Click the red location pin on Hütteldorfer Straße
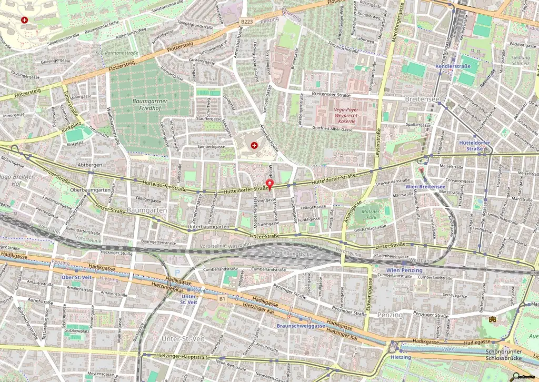click(x=270, y=184)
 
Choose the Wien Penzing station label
click(x=404, y=270)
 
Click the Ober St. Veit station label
click(x=77, y=277)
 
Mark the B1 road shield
click(x=223, y=299)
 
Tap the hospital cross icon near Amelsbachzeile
click(x=254, y=145)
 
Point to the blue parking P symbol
click(x=177, y=272)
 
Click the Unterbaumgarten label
click(x=208, y=227)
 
